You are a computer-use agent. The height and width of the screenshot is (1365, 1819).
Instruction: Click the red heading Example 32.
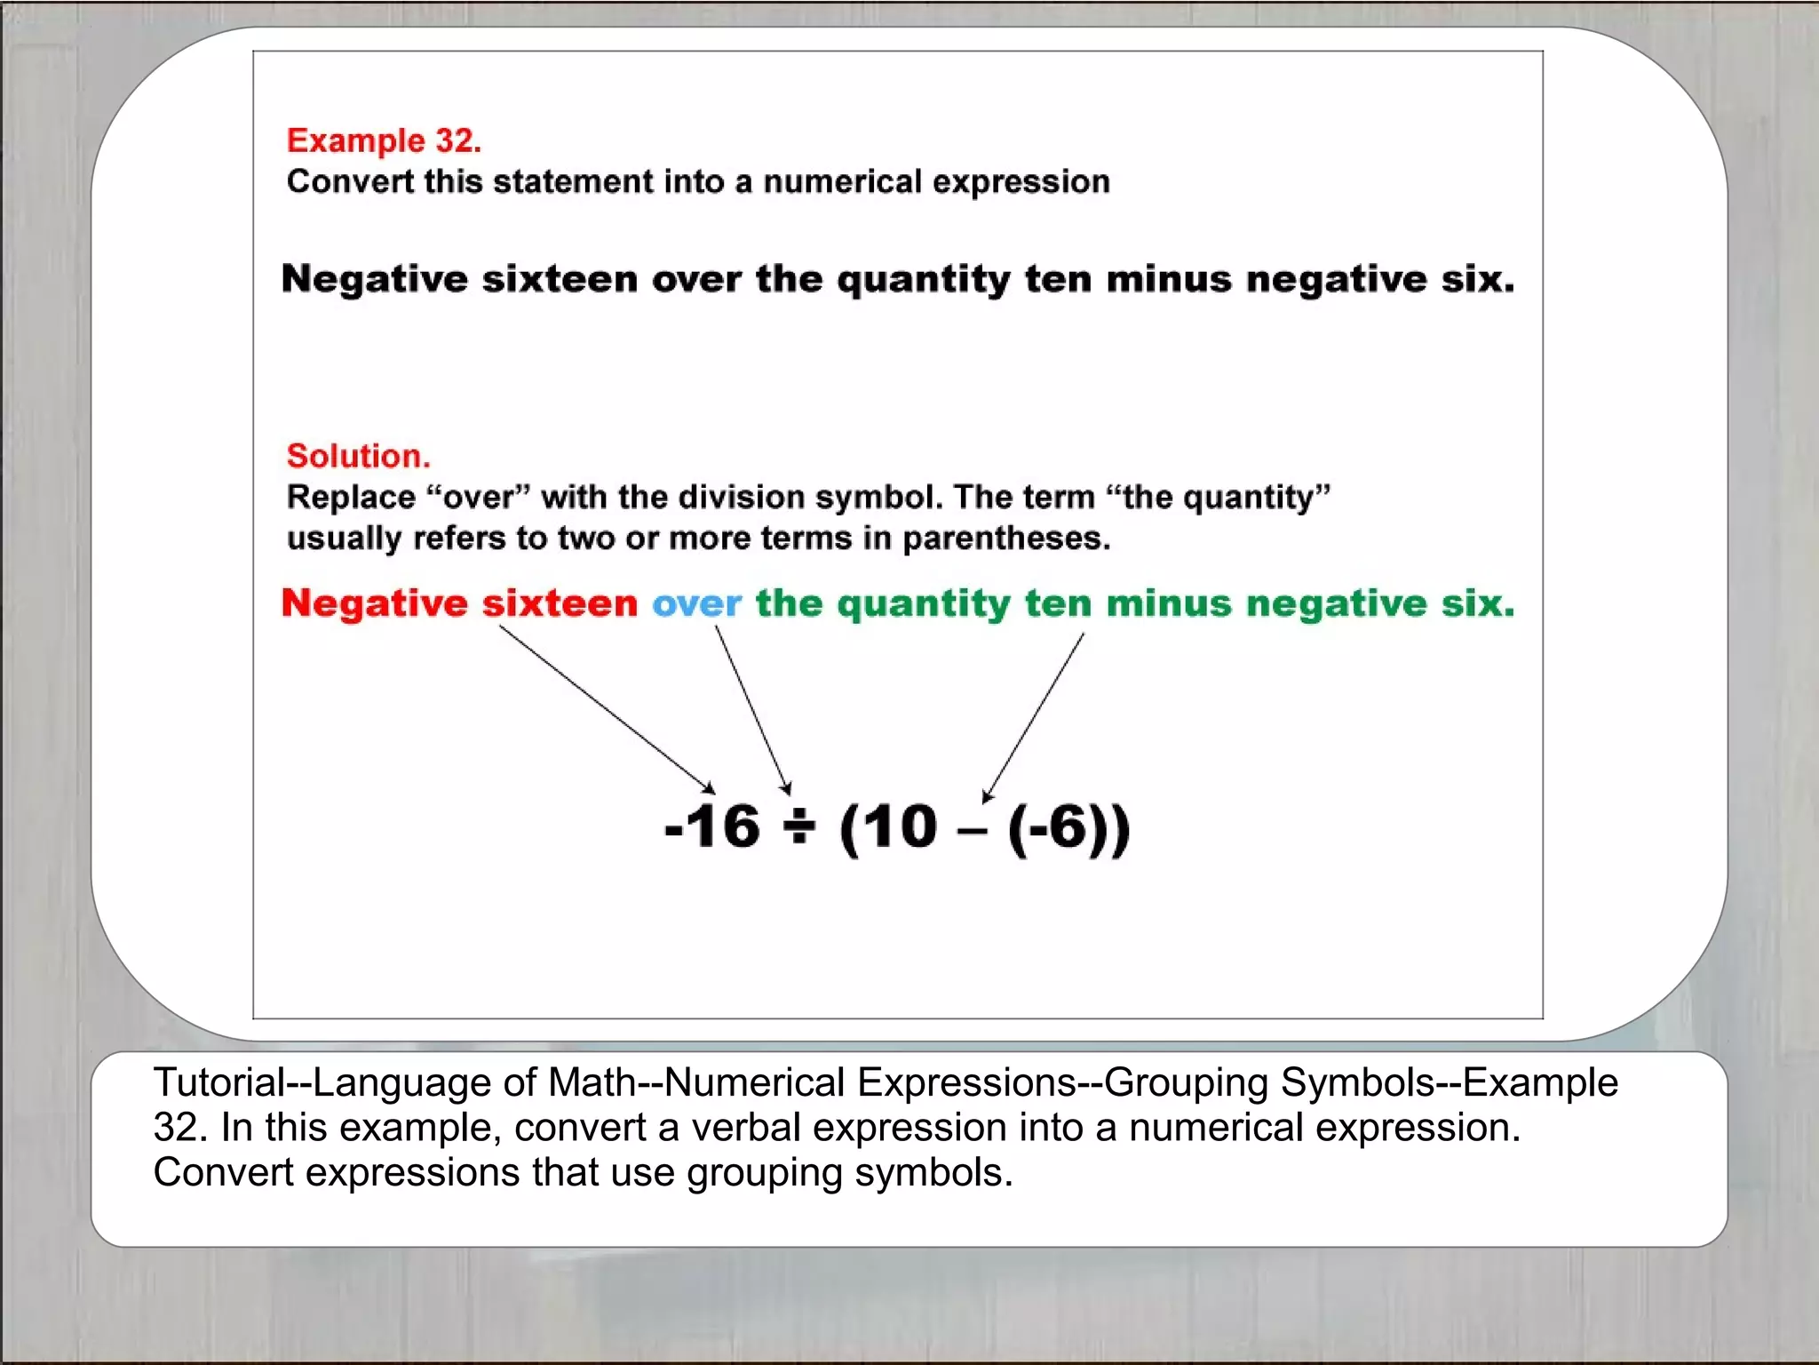tap(384, 140)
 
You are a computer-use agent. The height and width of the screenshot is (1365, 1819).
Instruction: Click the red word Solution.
tap(358, 456)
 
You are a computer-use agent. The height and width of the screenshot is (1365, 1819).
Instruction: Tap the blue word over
tap(696, 603)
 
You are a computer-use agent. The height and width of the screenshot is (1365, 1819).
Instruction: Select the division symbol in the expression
tap(798, 827)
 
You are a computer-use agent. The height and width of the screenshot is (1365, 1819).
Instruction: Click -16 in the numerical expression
tap(712, 827)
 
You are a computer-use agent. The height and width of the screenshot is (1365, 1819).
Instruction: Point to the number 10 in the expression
tap(901, 827)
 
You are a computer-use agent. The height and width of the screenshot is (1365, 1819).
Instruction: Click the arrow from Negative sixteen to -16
tap(606, 708)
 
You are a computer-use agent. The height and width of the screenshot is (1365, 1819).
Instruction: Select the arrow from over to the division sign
tap(752, 708)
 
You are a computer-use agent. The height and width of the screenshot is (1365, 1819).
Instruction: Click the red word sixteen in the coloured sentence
tap(560, 603)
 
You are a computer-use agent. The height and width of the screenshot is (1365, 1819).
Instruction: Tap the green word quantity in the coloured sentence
tap(923, 605)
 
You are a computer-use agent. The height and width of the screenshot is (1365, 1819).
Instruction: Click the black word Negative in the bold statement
tap(374, 279)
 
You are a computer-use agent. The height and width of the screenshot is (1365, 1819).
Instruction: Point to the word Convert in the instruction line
tap(350, 181)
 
